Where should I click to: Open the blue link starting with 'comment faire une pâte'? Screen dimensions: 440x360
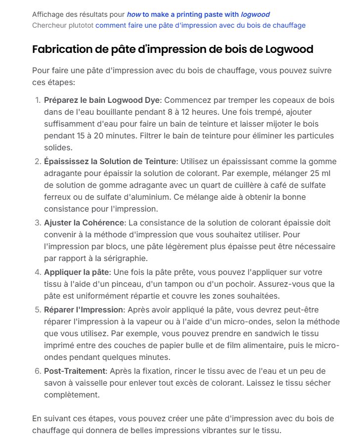point(200,25)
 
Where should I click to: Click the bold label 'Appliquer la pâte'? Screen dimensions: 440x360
point(76,272)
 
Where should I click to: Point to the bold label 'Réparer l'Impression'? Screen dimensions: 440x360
point(84,309)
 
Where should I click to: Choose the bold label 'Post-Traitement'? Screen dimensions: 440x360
point(74,371)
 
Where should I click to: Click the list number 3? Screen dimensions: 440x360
point(38,222)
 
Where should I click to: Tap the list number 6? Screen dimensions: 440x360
point(38,371)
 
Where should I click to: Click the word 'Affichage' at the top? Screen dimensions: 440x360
point(48,14)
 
